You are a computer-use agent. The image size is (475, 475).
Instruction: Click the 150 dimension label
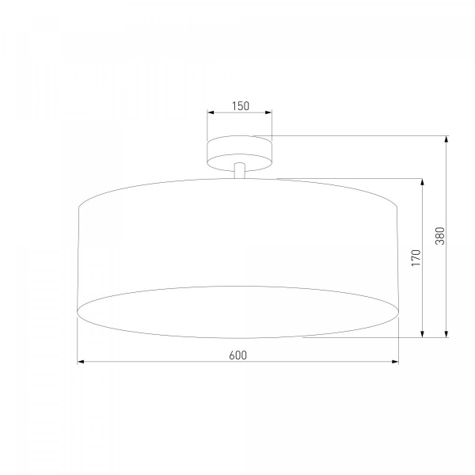point(241,106)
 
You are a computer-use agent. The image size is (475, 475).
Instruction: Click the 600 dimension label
point(237,355)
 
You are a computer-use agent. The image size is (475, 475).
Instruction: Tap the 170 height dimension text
point(416,258)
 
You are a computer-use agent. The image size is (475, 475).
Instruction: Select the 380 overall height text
point(439,236)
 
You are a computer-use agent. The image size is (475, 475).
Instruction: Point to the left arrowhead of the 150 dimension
point(211,112)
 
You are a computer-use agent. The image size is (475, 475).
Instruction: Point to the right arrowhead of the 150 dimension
point(268,112)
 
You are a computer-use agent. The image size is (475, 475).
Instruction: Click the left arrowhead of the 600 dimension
point(81,362)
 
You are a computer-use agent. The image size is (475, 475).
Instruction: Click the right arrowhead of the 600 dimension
point(395,362)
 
